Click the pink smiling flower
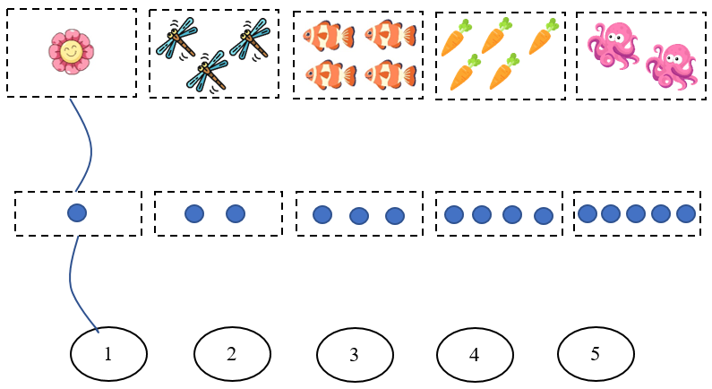click(x=71, y=51)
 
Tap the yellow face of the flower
click(x=71, y=53)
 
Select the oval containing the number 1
click(x=108, y=353)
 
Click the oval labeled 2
click(x=231, y=353)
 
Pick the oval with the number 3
click(x=355, y=354)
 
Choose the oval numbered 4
click(x=475, y=354)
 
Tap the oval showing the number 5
click(x=596, y=353)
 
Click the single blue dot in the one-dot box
click(x=77, y=213)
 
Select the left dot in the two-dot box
click(x=194, y=213)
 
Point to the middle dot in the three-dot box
click(x=359, y=215)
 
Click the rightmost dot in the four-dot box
click(x=543, y=215)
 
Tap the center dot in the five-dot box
click(x=636, y=213)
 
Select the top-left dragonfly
click(x=176, y=38)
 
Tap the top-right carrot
click(x=544, y=38)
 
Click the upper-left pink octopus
click(x=611, y=44)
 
